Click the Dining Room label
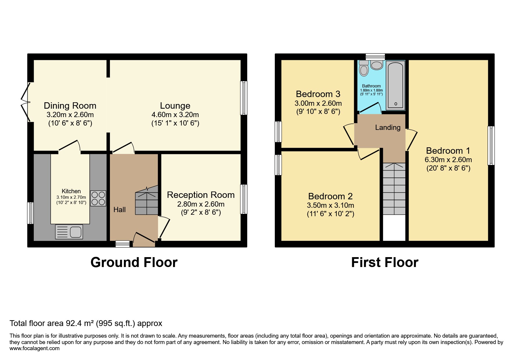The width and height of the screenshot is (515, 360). point(70,105)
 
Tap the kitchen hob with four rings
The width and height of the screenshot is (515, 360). point(98,198)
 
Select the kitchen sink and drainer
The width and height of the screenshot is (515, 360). point(69,232)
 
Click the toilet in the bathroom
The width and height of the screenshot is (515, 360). point(363,69)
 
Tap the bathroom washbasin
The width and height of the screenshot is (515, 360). point(377,65)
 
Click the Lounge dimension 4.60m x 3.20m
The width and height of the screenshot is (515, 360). point(175,114)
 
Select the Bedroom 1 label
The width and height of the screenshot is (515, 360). point(448,151)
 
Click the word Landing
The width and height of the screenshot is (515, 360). point(388,127)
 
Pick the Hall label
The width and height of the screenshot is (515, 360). point(120,209)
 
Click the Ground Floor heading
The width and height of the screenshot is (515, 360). point(134,262)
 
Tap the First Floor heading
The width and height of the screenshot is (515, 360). point(384,262)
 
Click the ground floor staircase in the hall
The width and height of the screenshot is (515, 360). point(147,200)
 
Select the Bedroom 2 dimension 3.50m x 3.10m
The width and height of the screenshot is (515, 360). point(330,205)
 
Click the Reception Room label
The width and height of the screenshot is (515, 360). point(201,195)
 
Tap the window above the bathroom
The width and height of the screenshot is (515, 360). point(375,56)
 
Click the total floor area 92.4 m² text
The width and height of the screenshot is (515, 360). point(86,323)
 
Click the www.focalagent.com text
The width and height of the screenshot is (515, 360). point(34,348)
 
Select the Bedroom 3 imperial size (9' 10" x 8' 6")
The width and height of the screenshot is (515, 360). point(318,112)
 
